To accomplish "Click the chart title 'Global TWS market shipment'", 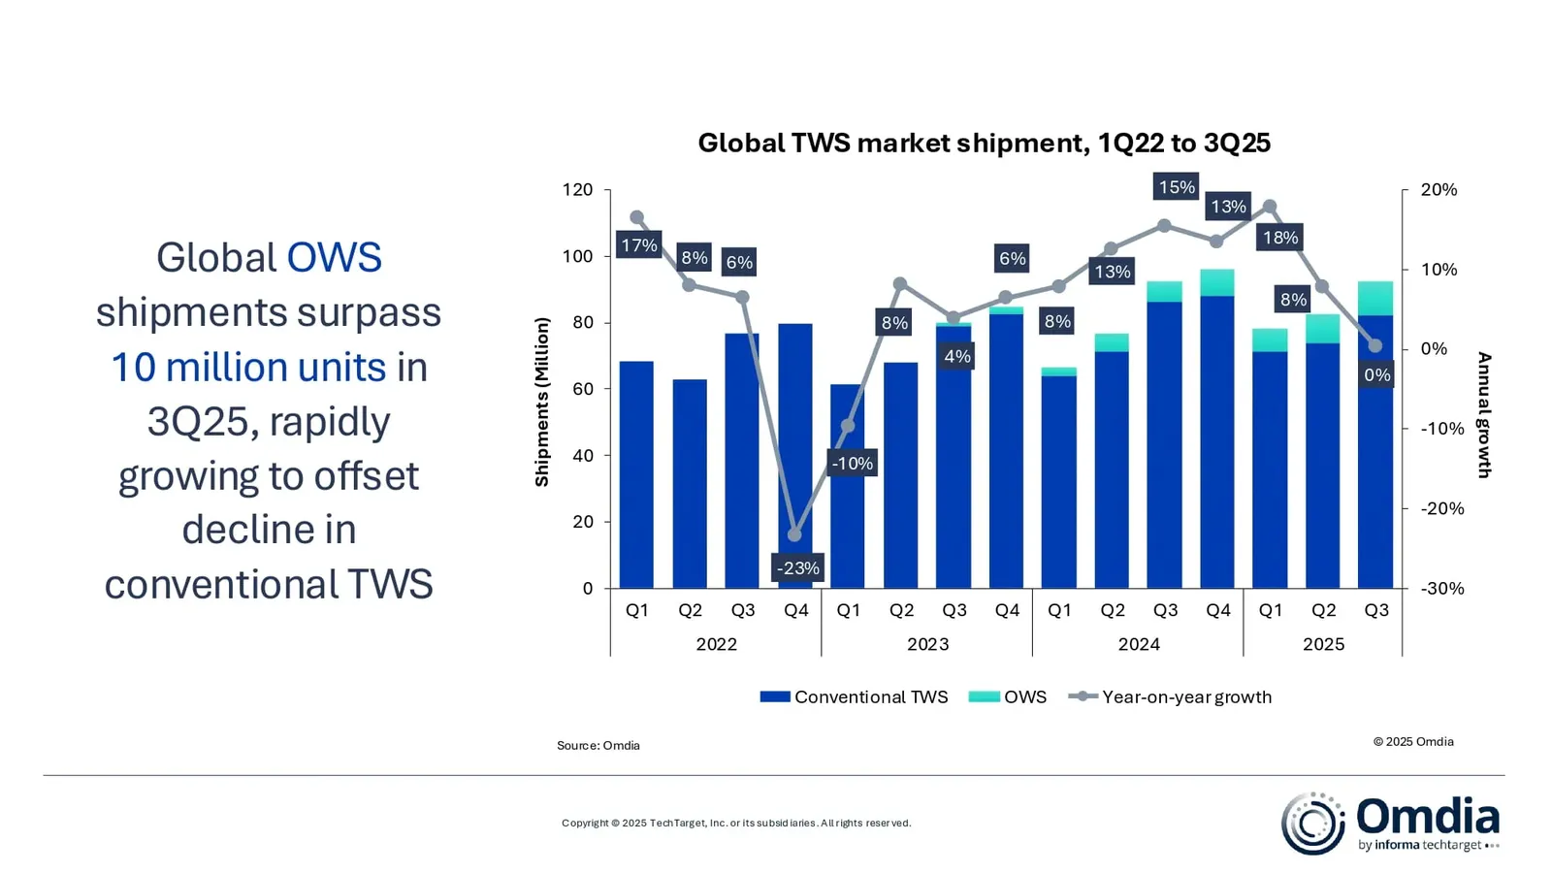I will (984, 144).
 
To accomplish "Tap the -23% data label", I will (797, 568).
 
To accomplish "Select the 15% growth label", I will (1176, 187).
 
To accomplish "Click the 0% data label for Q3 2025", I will (1376, 375).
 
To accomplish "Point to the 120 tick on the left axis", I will (577, 190).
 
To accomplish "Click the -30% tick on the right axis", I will (1441, 589).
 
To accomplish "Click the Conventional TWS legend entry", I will (854, 696).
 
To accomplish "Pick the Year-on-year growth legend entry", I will (1171, 696).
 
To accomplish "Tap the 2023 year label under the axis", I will (927, 644).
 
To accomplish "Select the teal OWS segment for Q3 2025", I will (1375, 298).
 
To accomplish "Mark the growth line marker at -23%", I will (795, 535).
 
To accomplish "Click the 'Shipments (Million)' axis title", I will (542, 402).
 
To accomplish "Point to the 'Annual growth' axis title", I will (1483, 415).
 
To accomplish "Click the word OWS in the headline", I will (334, 258).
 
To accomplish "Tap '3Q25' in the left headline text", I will (201, 422).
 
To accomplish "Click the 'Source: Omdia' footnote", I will (598, 746).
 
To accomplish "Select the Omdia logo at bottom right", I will (1390, 824).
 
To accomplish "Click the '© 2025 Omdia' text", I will (1412, 742).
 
